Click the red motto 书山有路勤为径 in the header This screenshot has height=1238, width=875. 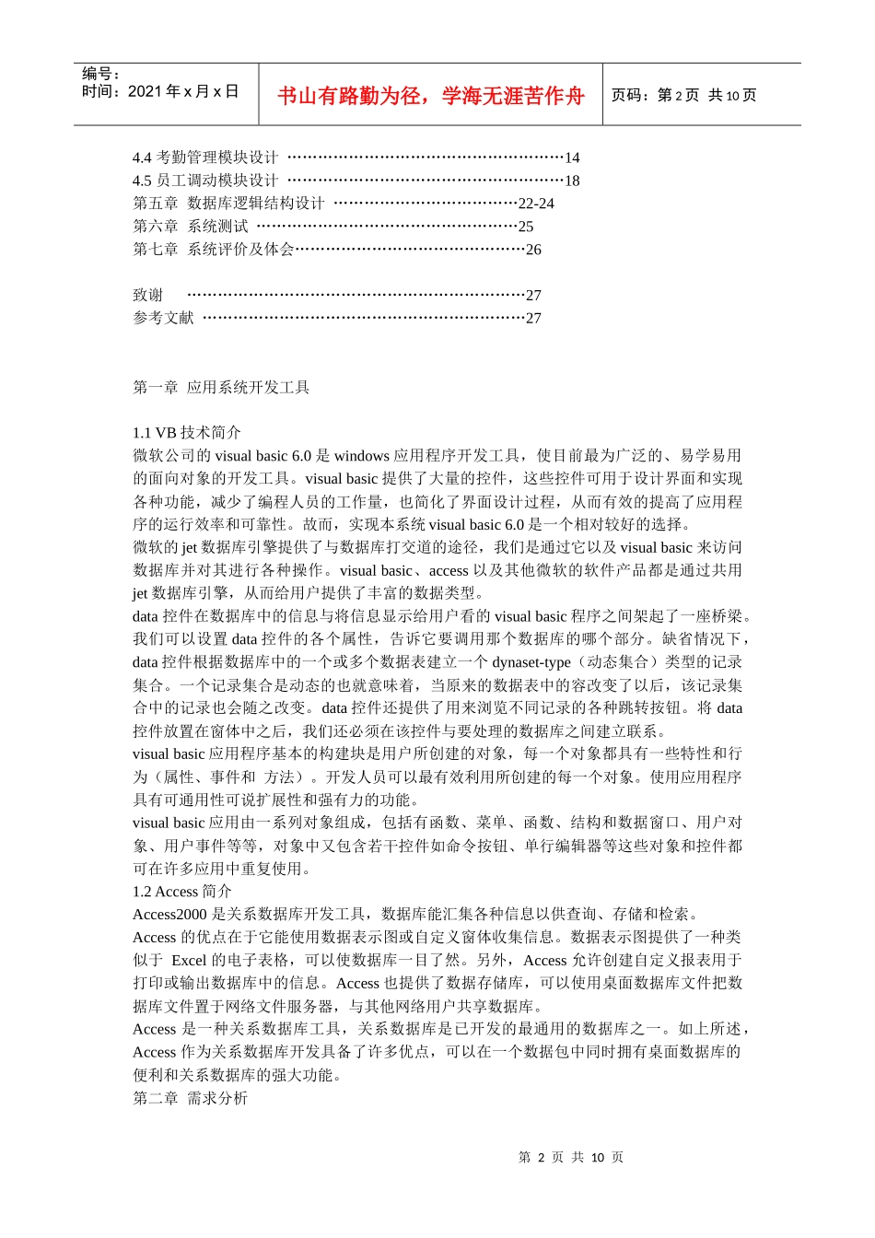(x=431, y=96)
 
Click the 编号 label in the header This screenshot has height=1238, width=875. (x=101, y=74)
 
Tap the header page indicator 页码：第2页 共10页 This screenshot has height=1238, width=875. (x=683, y=95)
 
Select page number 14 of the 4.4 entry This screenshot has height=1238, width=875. (x=572, y=158)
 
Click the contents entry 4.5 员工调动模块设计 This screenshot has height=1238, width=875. (x=204, y=181)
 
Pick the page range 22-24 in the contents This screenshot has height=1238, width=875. (x=536, y=204)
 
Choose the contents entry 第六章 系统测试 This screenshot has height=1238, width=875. (x=191, y=227)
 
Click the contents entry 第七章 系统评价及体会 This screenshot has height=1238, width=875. (x=213, y=250)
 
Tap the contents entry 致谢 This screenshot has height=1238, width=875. (x=147, y=295)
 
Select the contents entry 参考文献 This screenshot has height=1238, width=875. (x=163, y=318)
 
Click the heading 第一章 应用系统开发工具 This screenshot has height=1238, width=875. (x=221, y=387)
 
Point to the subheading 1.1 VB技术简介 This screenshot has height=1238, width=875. (x=187, y=432)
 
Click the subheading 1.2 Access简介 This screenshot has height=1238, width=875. (x=182, y=891)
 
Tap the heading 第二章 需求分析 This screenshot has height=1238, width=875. (x=190, y=1098)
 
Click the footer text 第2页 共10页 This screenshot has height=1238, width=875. (x=571, y=1157)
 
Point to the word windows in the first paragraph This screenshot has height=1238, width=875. (x=362, y=455)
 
